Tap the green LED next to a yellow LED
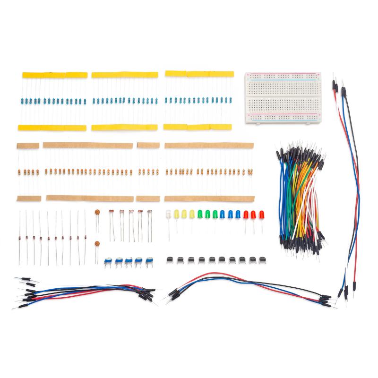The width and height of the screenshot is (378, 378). point(200,214)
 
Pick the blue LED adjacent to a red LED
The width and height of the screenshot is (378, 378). point(238,214)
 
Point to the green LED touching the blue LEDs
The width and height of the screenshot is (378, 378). point(223,214)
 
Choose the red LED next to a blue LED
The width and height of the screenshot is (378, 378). point(246,214)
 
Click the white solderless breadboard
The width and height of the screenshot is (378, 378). point(283,98)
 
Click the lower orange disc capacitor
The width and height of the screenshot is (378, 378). point(97,245)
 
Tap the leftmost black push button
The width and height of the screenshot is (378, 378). point(169,259)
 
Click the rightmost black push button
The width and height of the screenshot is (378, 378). point(251,259)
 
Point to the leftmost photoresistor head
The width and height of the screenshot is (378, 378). point(112,213)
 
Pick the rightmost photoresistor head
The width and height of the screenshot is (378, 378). point(150,213)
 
